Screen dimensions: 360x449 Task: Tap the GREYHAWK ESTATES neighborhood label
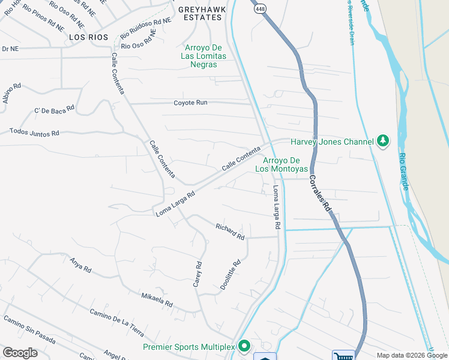pos(202,13)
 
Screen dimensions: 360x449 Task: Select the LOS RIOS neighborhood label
pos(88,37)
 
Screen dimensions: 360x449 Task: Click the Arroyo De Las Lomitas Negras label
pos(203,56)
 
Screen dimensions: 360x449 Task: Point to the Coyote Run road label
pos(190,103)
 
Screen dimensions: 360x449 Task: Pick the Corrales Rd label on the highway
pos(320,193)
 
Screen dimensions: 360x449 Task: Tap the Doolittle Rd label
pos(230,275)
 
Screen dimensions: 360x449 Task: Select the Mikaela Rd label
pos(157,299)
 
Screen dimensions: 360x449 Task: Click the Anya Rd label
pos(80,265)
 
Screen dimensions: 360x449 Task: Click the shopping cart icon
pos(343,356)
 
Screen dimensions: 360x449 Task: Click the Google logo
pos(20,353)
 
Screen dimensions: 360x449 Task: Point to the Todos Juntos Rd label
pos(34,132)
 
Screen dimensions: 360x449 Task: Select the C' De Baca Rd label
pos(54,110)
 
